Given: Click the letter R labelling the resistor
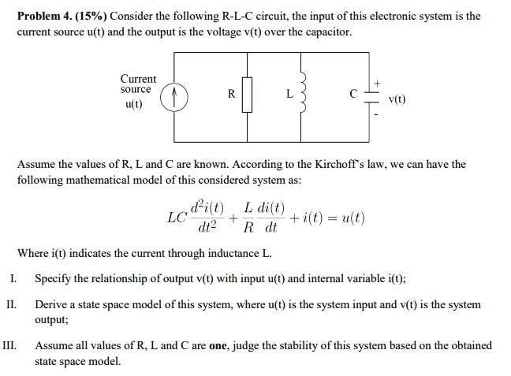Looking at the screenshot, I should (231, 94).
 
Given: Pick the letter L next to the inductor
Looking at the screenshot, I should (290, 94).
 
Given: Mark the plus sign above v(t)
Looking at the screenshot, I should (378, 83).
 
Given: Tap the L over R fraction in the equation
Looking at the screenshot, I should (248, 218).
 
